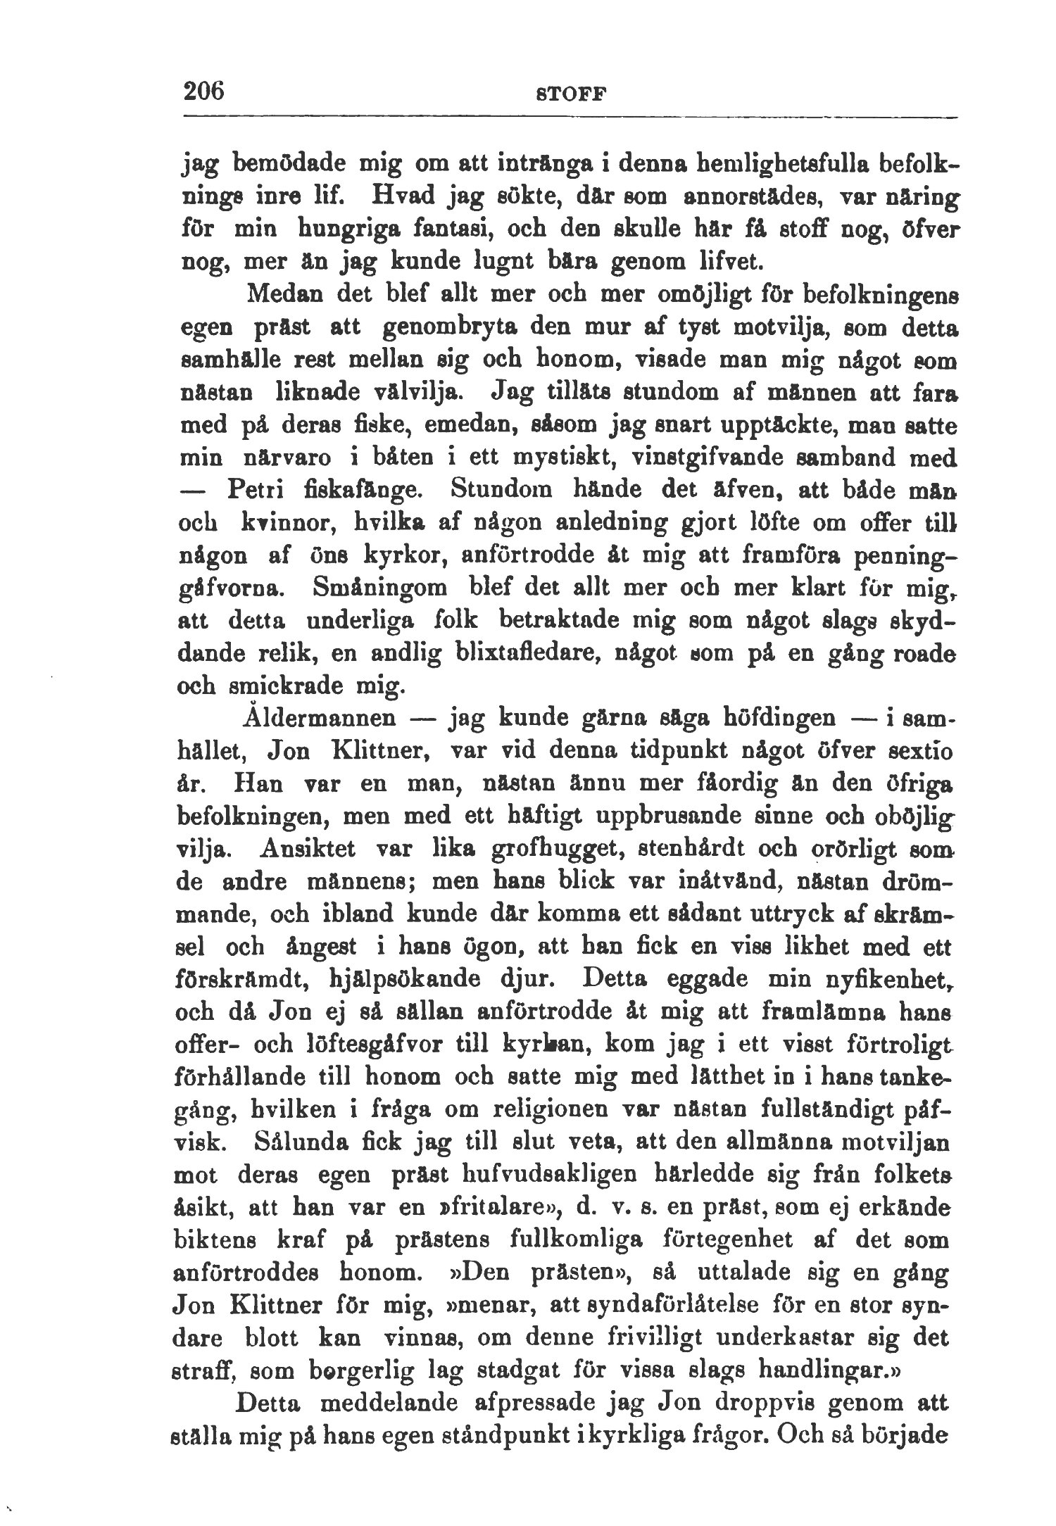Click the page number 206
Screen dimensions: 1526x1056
pyautogui.click(x=203, y=92)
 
